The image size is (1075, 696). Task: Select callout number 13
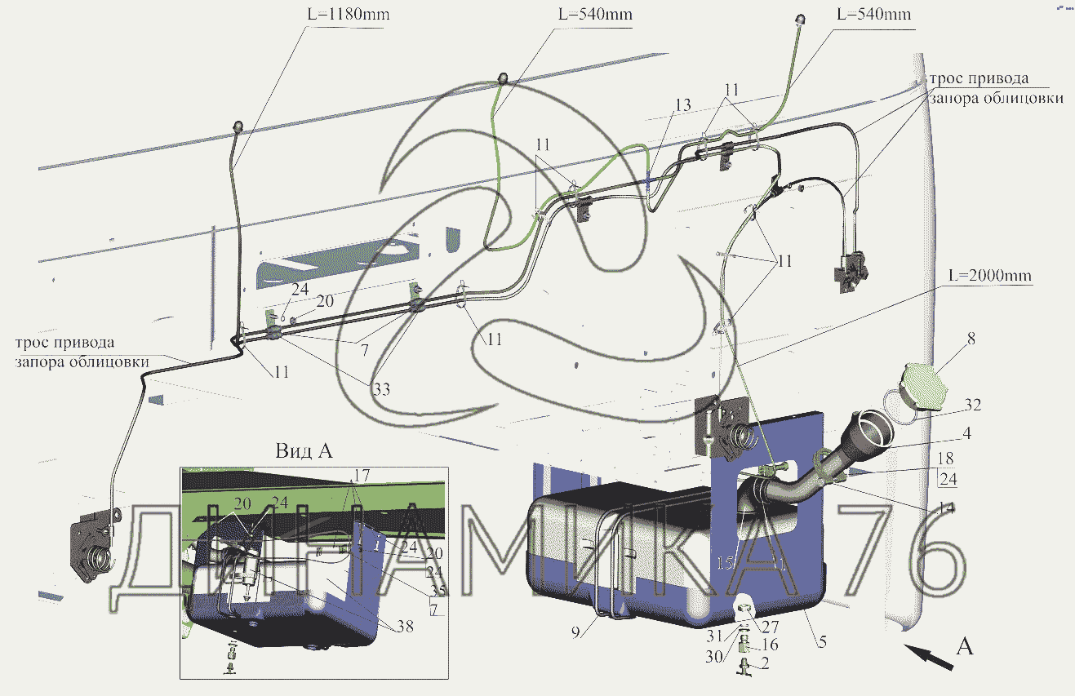click(x=682, y=104)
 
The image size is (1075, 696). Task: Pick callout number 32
click(x=971, y=404)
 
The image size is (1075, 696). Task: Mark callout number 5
click(x=823, y=642)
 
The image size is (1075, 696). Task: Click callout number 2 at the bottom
click(x=765, y=662)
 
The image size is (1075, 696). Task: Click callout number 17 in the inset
click(x=361, y=474)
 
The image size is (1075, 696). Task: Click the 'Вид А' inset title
click(x=303, y=451)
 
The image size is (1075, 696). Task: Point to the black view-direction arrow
click(x=930, y=657)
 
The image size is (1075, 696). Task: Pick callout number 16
click(x=769, y=645)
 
